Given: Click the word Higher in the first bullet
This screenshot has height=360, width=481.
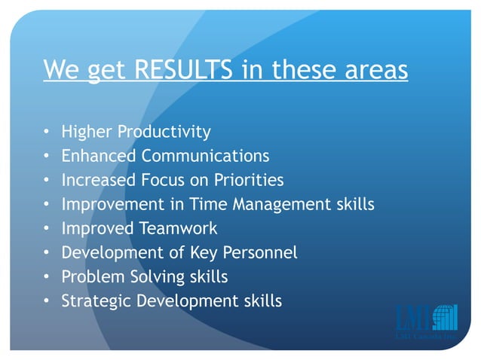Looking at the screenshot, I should pyautogui.click(x=83, y=132).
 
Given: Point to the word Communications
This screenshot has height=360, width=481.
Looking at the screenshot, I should pyautogui.click(x=204, y=156).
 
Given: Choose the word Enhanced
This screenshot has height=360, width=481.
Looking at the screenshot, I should pyautogui.click(x=99, y=156).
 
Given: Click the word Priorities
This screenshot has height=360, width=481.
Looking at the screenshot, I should pyautogui.click(x=247, y=180).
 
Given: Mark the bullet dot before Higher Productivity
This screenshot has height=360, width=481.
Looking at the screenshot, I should pyautogui.click(x=47, y=133).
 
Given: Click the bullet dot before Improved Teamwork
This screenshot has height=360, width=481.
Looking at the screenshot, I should pyautogui.click(x=47, y=229).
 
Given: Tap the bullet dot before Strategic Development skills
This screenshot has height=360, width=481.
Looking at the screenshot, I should pyautogui.click(x=47, y=301).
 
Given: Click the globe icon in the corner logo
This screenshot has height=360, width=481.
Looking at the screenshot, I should pyautogui.click(x=444, y=317).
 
